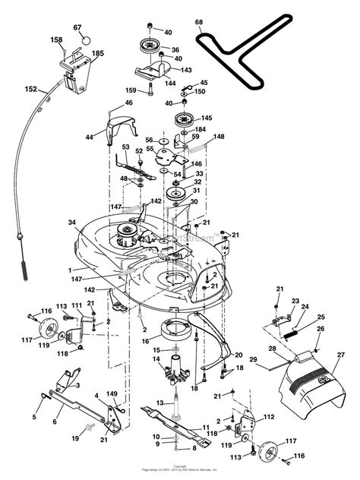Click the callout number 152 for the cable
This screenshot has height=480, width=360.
pyautogui.click(x=30, y=89)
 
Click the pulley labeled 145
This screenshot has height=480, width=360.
pyautogui.click(x=183, y=119)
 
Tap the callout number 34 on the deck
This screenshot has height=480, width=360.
pyautogui.click(x=71, y=223)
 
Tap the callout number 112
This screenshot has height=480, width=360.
pyautogui.click(x=267, y=417)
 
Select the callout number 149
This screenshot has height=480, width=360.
pyautogui.click(x=112, y=393)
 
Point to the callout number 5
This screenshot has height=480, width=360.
pyautogui.click(x=34, y=416)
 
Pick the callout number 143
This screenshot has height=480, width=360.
pyautogui.click(x=187, y=71)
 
